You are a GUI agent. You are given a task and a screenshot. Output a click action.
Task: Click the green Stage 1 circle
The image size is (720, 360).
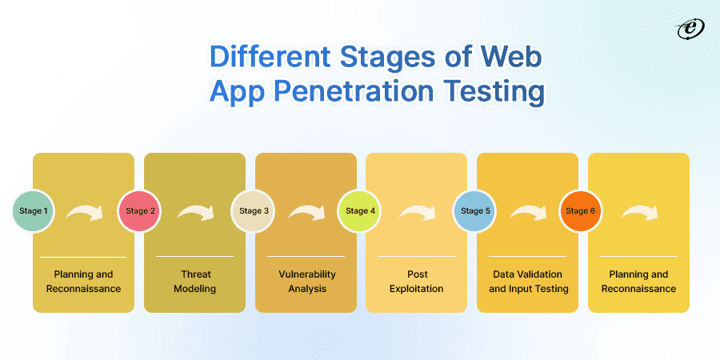pos(33,210)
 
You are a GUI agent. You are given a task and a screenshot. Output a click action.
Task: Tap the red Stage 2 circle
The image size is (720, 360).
pos(139,210)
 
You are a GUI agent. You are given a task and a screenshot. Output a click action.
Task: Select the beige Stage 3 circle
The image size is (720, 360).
pos(253,210)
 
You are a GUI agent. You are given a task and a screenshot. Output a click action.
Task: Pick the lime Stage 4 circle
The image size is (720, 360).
pos(359,210)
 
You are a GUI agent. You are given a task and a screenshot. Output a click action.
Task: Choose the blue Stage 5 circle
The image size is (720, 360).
pos(474,210)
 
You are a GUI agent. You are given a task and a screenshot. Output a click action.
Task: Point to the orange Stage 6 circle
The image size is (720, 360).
pos(581,210)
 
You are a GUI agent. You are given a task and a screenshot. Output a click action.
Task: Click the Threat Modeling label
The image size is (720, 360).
pos(194,282)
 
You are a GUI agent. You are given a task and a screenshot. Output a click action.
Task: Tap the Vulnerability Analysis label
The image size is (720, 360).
pos(306,282)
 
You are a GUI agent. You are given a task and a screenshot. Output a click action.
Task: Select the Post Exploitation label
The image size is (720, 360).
pos(417,282)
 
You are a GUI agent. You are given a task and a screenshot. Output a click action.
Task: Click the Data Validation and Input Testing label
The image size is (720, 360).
pos(528,282)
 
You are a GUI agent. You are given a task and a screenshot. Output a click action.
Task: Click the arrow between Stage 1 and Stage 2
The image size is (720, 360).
pos(85,212)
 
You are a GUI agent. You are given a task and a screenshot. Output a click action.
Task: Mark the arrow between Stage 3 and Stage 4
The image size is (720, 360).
pos(306,212)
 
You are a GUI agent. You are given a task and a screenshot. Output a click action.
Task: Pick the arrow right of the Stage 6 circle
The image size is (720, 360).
pos(640,212)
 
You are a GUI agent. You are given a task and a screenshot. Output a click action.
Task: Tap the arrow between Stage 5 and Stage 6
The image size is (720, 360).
pos(529,212)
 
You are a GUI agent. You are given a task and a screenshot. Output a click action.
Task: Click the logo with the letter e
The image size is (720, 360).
pos(690,30)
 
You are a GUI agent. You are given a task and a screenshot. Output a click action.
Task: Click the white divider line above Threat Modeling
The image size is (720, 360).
pos(194,256)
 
